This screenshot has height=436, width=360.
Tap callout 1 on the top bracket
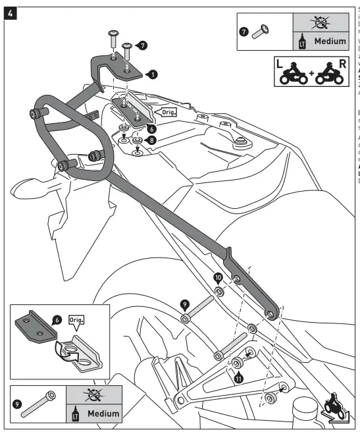(153, 74)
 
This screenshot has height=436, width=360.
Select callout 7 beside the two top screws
(143, 45)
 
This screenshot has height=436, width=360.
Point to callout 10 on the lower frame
(217, 279)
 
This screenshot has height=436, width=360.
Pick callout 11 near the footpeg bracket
(238, 378)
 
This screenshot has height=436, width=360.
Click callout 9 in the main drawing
(186, 304)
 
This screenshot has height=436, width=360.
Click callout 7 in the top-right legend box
(244, 30)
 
